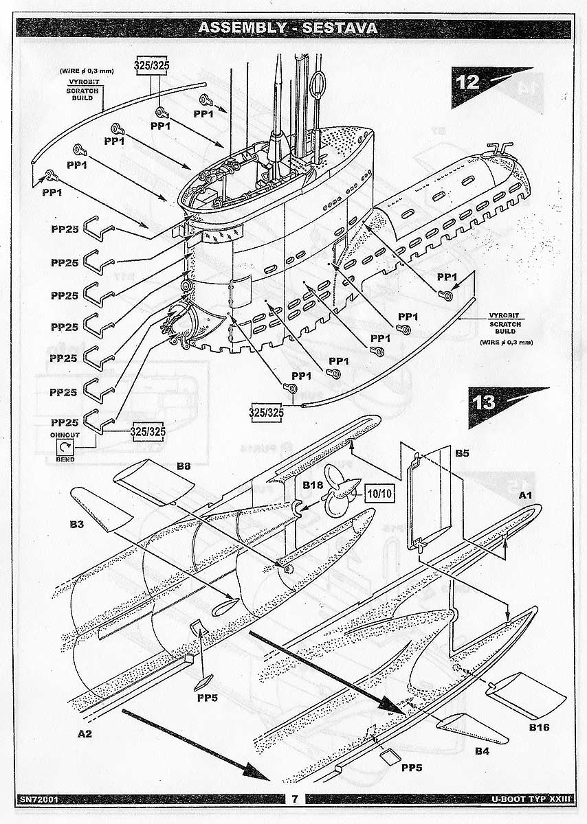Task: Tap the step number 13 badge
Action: [485, 402]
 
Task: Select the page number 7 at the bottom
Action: [293, 799]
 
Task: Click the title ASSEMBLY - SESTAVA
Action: [287, 27]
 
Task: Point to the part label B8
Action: [183, 466]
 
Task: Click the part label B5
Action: [462, 453]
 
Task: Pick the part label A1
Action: [525, 494]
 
